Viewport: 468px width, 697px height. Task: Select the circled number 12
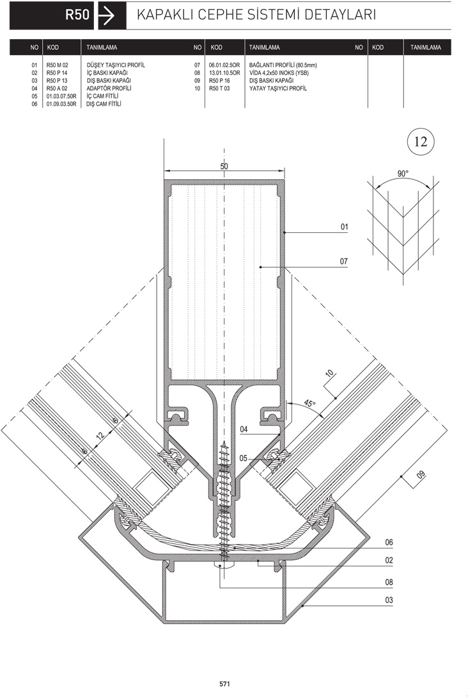pos(421,141)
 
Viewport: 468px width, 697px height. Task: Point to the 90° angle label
pos(403,174)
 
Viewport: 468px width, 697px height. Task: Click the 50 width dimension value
pos(224,166)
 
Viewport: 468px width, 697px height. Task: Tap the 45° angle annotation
pos(309,404)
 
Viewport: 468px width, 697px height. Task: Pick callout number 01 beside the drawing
pos(344,227)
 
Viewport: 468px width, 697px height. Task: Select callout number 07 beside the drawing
pos(344,261)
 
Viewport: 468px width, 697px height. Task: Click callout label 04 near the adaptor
pos(244,430)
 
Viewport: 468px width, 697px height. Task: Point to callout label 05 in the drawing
pos(244,458)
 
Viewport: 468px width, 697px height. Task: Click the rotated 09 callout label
pos(420,476)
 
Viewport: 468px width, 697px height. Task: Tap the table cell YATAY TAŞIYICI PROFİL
pos(277,88)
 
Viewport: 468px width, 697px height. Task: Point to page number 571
pos(224,684)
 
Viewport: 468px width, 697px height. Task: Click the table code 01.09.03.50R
pos(61,104)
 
